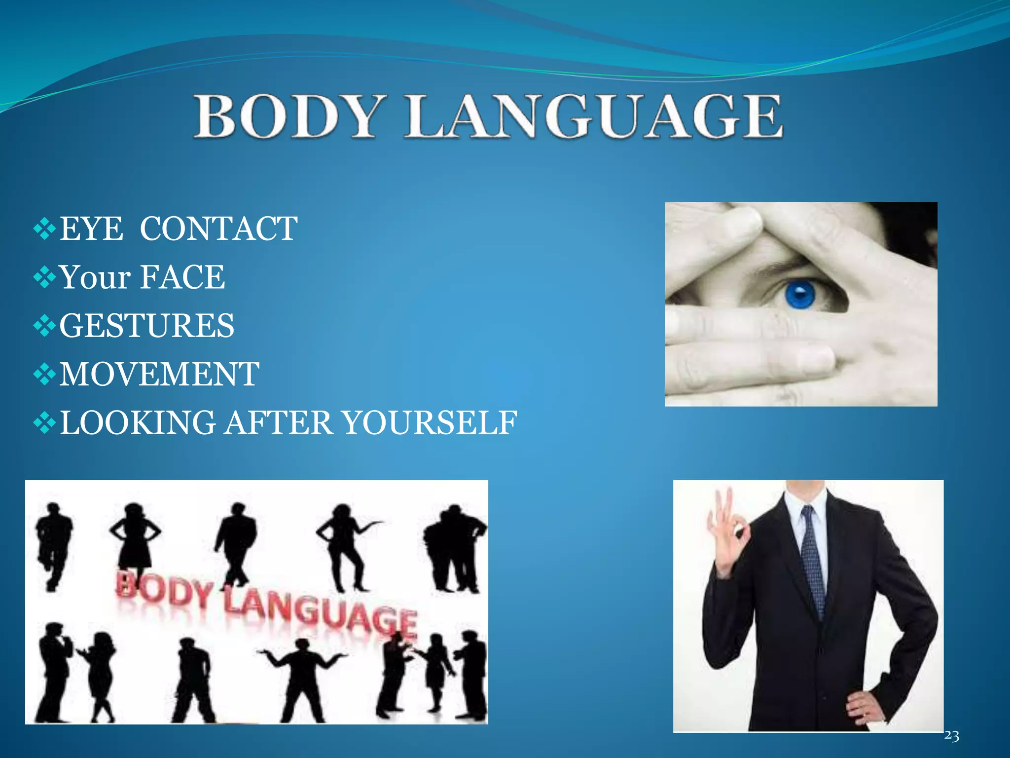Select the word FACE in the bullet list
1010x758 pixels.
(183, 277)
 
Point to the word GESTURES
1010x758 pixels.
(147, 326)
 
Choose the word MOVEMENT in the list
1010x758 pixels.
(159, 374)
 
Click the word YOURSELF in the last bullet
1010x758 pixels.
(429, 423)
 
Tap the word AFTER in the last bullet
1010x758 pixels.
(279, 423)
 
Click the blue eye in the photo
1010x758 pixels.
(799, 295)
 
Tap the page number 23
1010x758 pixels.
(951, 736)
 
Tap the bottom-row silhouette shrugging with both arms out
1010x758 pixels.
(301, 676)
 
